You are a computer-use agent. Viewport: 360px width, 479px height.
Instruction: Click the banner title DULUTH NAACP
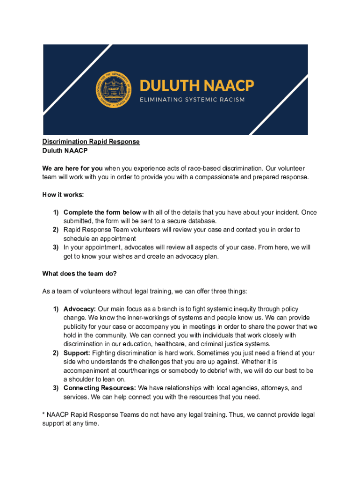(197, 86)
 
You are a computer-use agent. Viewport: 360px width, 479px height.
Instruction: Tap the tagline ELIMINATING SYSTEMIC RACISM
(192, 100)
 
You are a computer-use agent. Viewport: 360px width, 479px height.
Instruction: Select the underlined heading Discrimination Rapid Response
(91, 142)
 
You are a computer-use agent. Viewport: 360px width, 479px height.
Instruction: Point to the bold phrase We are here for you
(72, 168)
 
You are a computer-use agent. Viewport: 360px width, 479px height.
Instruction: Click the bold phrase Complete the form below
(102, 212)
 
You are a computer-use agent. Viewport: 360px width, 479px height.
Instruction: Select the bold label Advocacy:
(79, 309)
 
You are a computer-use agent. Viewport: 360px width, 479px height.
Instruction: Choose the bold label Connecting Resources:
(100, 388)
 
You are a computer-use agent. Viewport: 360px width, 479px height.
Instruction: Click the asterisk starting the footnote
(43, 415)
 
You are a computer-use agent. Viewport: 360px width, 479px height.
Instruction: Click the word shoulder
(84, 379)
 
